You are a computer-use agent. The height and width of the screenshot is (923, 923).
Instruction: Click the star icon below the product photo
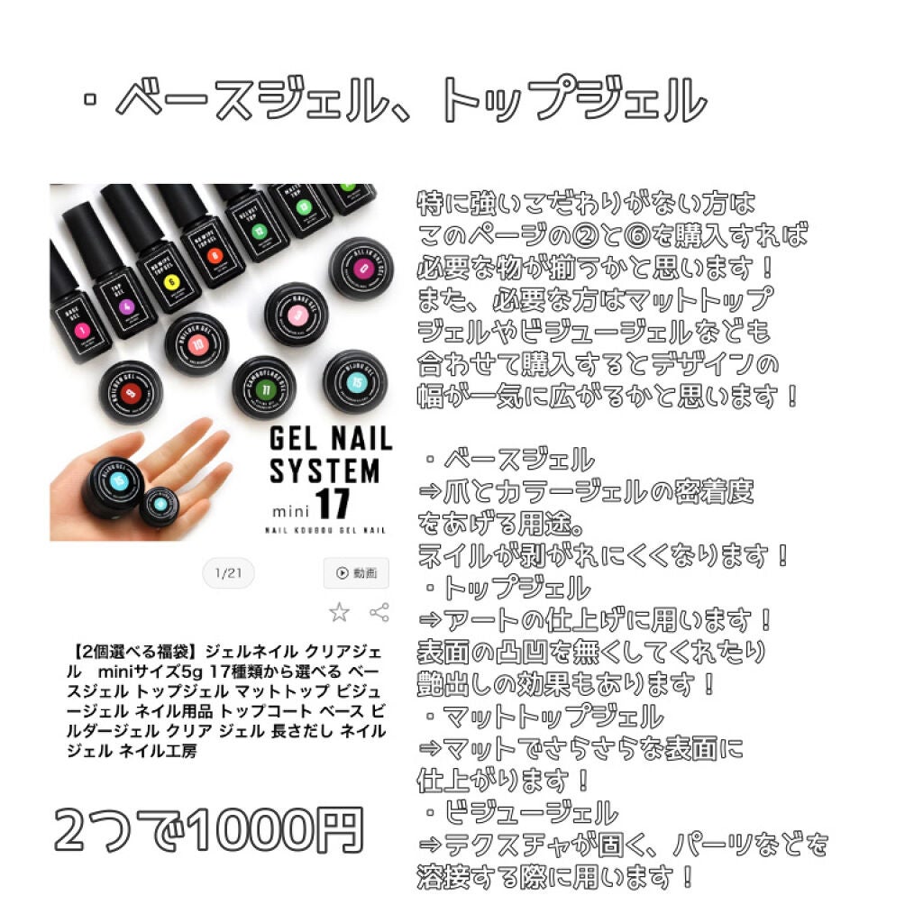point(339,613)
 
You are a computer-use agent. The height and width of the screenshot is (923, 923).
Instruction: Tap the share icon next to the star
point(379,613)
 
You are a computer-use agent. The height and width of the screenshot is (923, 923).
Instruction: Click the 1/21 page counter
point(228,572)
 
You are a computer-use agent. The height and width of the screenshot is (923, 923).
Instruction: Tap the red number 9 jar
point(132,391)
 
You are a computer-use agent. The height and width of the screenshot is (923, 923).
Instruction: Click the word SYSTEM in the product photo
point(324,471)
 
